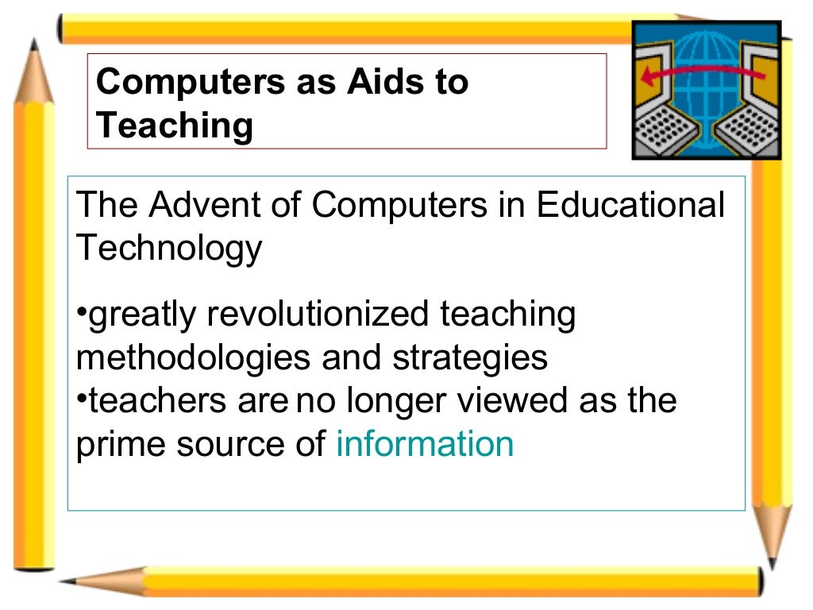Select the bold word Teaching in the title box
click(175, 125)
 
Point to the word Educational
click(630, 206)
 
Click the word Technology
click(168, 249)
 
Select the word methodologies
click(194, 357)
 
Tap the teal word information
click(425, 443)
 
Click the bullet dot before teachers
click(81, 396)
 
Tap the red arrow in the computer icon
click(699, 74)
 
